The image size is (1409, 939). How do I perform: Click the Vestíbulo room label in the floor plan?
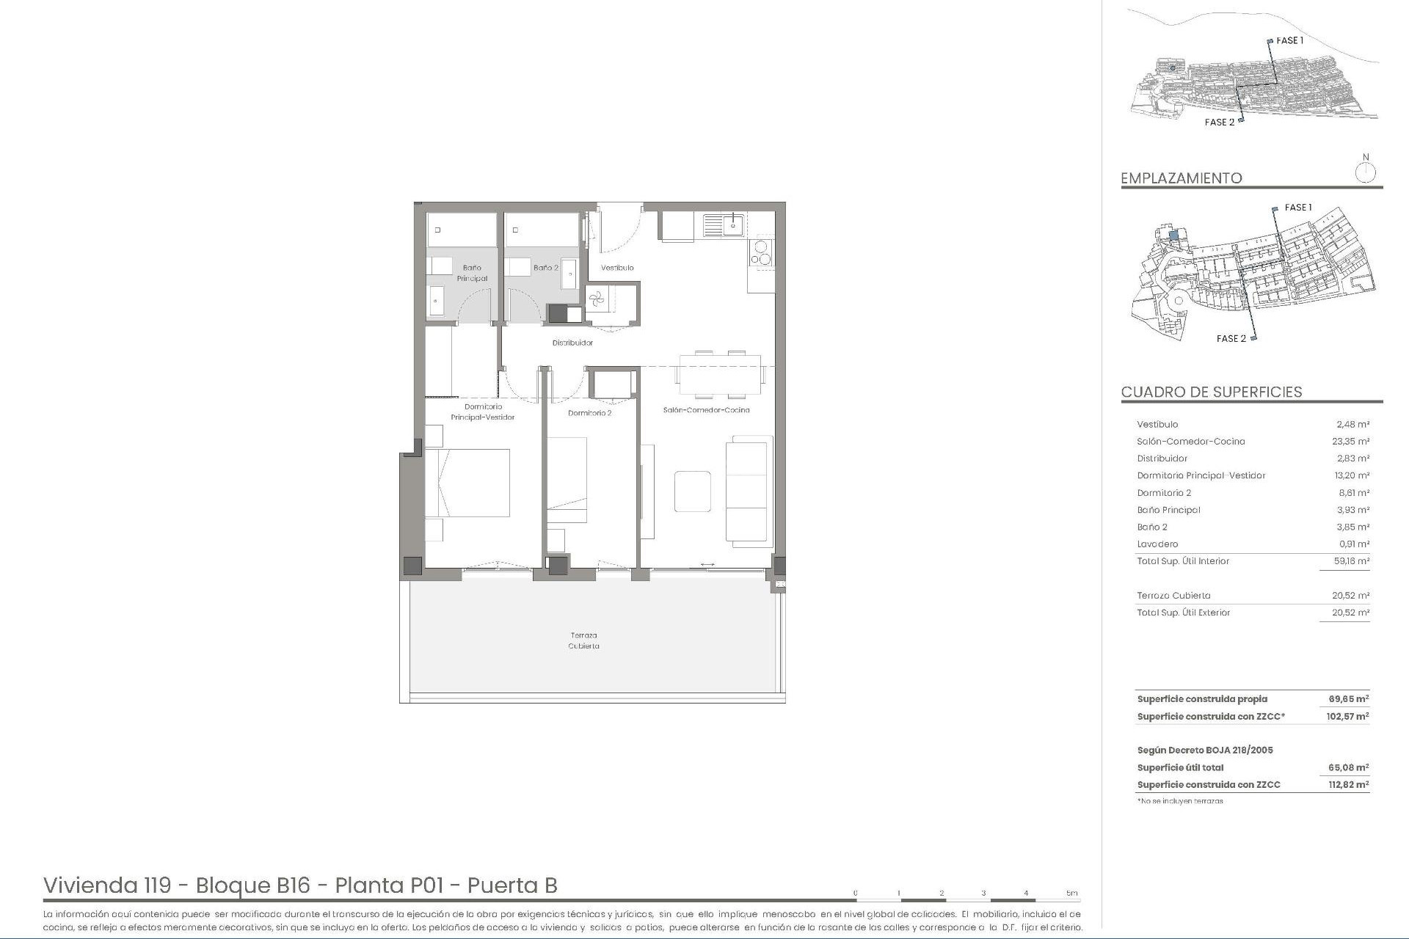(x=617, y=268)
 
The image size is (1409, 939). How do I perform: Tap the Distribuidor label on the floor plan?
(x=572, y=343)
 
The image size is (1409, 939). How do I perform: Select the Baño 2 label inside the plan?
(x=545, y=268)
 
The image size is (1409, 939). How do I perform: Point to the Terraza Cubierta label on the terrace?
(x=583, y=640)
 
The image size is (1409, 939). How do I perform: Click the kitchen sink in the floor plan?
(x=724, y=224)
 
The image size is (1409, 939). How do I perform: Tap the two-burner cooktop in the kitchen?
(x=760, y=252)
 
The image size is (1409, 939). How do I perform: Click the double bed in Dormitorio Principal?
(x=467, y=483)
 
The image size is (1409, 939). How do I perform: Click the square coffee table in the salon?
(x=692, y=491)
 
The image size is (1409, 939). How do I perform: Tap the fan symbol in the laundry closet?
(x=596, y=298)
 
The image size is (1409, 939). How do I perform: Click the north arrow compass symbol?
(x=1365, y=173)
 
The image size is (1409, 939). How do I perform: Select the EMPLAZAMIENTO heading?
(x=1181, y=178)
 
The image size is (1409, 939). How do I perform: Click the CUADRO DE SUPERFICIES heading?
(x=1211, y=392)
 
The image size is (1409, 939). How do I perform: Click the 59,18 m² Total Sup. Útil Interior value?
(x=1352, y=561)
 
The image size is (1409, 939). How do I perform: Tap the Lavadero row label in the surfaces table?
(x=1157, y=544)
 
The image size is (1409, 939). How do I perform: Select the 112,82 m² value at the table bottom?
(x=1348, y=785)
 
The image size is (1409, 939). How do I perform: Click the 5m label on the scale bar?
(x=1072, y=893)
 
